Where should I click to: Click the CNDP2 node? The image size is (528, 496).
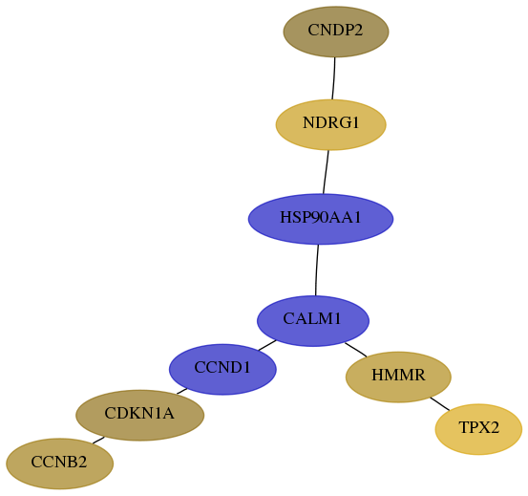click(x=336, y=32)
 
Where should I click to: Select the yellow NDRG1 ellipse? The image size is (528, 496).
click(x=331, y=124)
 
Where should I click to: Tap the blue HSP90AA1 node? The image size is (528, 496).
click(x=321, y=219)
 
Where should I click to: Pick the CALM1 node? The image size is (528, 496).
click(x=313, y=321)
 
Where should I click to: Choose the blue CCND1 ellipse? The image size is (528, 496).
click(x=222, y=369)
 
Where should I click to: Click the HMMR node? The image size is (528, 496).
click(x=398, y=377)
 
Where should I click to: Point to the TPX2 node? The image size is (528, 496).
click(x=478, y=429)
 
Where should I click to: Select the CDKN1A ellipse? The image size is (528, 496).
click(x=139, y=415)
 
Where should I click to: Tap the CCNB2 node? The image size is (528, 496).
click(x=59, y=464)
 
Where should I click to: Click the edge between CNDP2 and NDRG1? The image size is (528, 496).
click(x=334, y=78)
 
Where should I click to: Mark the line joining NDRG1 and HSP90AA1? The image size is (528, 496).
click(x=326, y=172)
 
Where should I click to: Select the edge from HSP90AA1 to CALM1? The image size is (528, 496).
click(x=317, y=270)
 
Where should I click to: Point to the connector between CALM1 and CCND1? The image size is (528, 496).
click(x=267, y=345)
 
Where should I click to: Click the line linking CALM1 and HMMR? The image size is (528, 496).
click(x=355, y=349)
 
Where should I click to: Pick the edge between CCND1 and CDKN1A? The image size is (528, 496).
click(x=182, y=391)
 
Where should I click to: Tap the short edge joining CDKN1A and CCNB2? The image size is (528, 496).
click(x=98, y=440)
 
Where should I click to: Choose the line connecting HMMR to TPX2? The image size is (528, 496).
click(x=440, y=403)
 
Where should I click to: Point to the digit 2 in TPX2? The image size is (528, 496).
click(x=494, y=427)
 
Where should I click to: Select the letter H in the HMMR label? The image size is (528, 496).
click(x=376, y=375)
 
